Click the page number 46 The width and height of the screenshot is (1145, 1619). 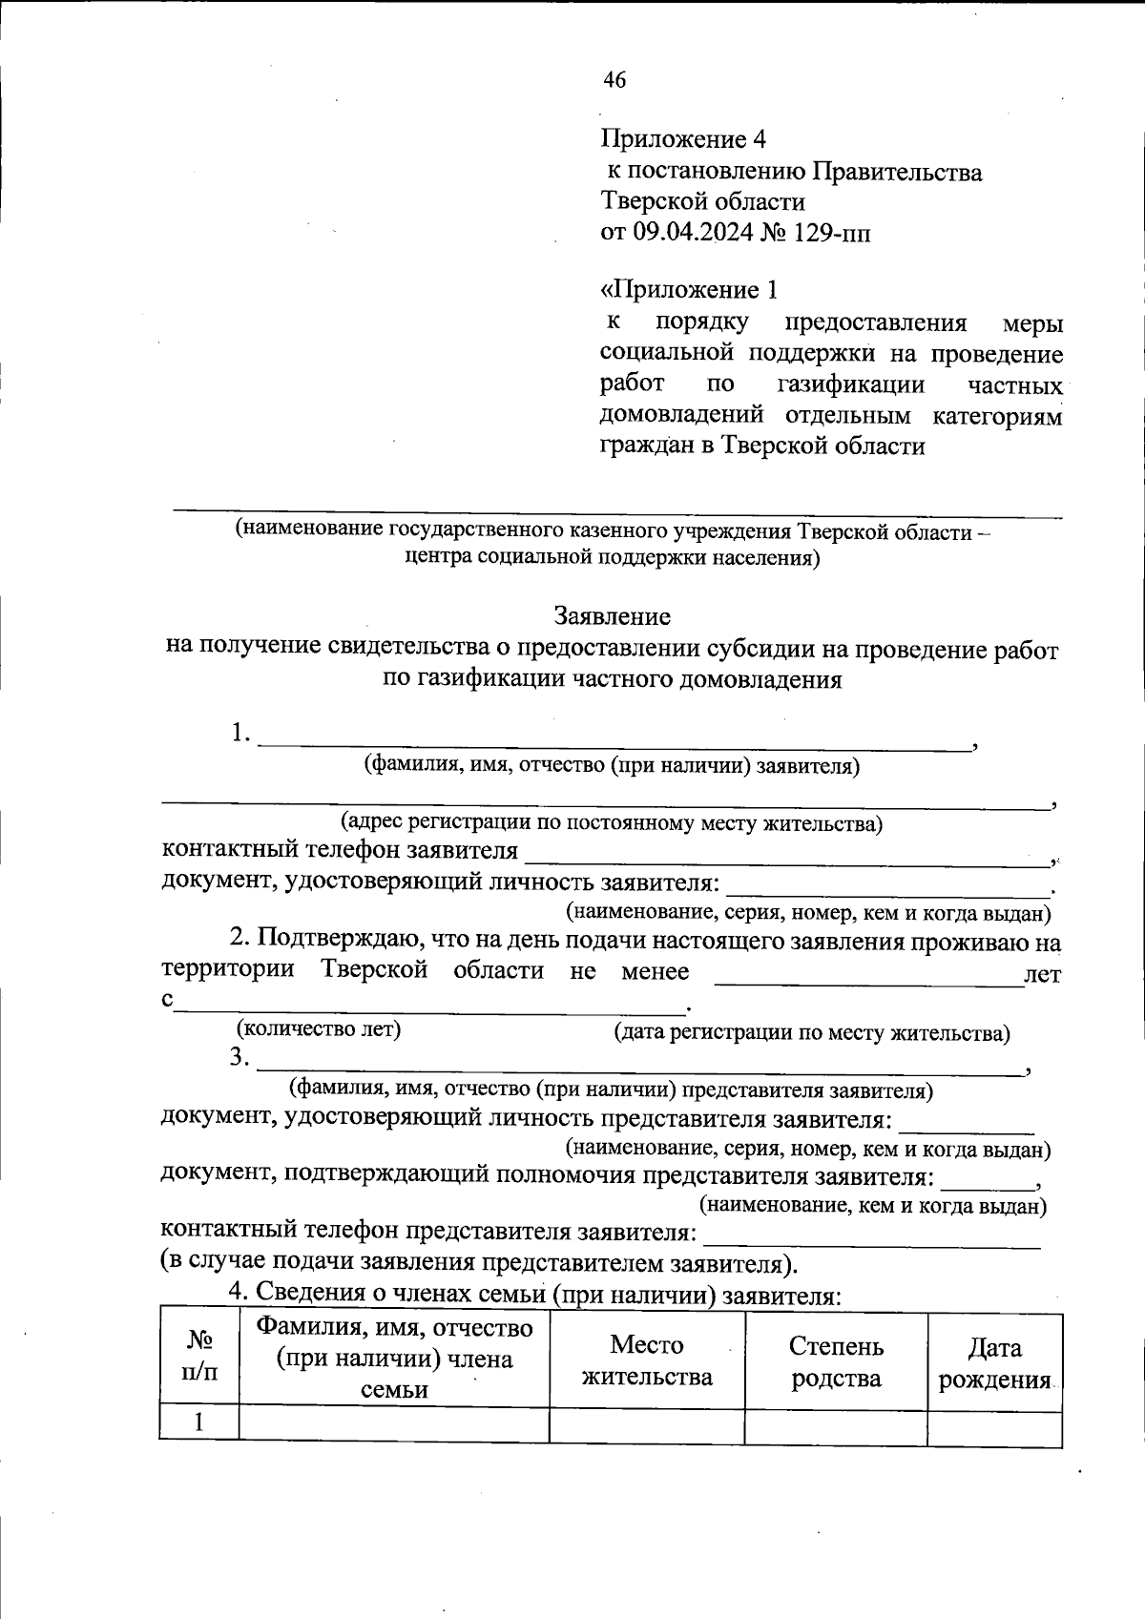tap(614, 81)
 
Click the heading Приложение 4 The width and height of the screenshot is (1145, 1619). tap(683, 140)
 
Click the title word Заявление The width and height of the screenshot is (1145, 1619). tap(612, 616)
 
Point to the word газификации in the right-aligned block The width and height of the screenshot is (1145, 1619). tap(851, 384)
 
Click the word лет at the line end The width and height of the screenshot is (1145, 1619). tap(1042, 975)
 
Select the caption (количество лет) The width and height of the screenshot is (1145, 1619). tap(319, 1029)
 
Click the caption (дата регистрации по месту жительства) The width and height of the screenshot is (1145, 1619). tap(812, 1033)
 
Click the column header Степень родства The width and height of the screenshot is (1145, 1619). tap(836, 1361)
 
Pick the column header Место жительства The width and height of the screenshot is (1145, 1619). tap(647, 1360)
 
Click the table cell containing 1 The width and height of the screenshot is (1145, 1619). tap(199, 1422)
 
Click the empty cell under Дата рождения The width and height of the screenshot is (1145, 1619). tap(994, 1428)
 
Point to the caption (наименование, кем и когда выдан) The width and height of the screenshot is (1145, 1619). tap(873, 1206)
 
